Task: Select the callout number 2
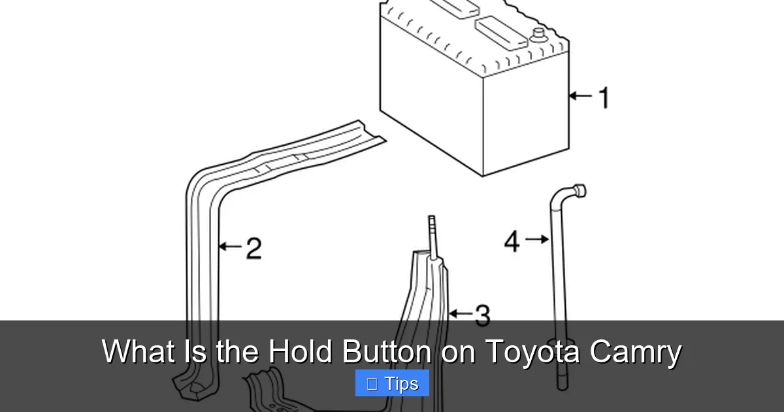click(x=253, y=248)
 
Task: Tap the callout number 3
click(x=482, y=315)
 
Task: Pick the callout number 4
click(x=512, y=241)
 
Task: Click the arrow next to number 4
click(x=537, y=240)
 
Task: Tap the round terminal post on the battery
click(x=539, y=33)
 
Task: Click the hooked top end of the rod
click(x=578, y=191)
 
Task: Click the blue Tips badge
click(x=392, y=383)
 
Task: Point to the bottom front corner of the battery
click(x=483, y=175)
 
